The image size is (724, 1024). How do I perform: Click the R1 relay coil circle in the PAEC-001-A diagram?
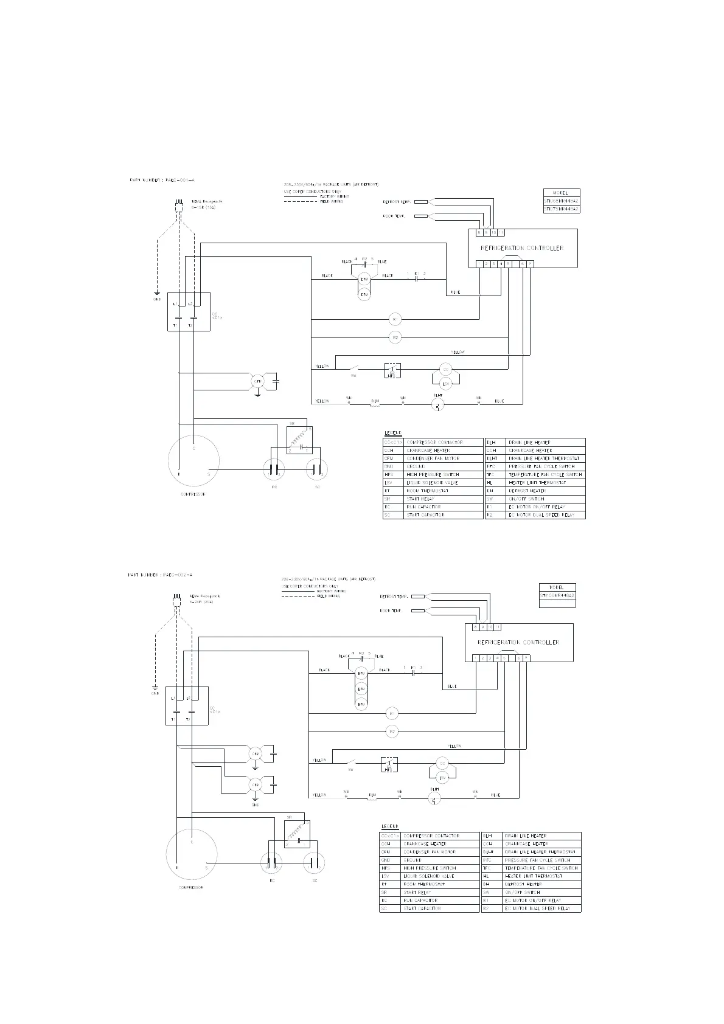394,319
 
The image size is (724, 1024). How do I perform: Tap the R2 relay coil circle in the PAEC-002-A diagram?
392,732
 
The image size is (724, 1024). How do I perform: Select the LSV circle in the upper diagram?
445,384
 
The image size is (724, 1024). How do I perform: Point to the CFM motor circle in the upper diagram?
257,381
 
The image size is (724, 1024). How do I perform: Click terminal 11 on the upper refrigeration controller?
501,232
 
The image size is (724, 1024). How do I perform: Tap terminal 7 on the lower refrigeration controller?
526,658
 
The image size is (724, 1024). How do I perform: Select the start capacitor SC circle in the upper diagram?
317,469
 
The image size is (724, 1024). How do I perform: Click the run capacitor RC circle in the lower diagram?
272,863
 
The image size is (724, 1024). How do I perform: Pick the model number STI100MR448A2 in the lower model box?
557,595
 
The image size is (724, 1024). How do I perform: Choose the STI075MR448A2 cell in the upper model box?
561,209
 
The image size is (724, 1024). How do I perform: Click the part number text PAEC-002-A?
160,575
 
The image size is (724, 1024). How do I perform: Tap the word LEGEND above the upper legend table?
393,433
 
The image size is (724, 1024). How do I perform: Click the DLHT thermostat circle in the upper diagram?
438,405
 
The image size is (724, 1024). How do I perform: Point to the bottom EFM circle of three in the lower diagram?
361,704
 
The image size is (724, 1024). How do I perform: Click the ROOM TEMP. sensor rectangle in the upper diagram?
420,216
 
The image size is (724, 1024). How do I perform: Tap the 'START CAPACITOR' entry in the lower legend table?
423,908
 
